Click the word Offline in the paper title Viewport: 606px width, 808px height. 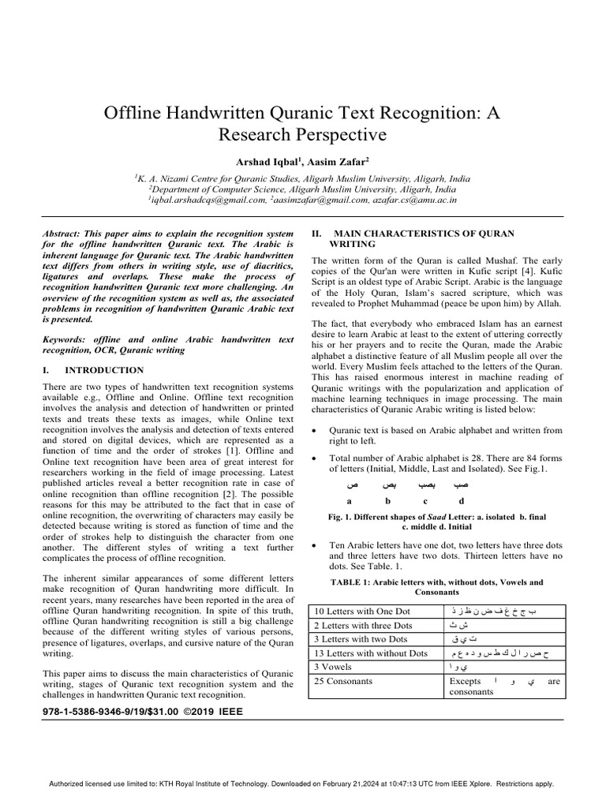click(136, 112)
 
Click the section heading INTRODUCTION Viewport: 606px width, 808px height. click(104, 369)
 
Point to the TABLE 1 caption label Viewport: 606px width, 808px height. click(361, 582)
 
